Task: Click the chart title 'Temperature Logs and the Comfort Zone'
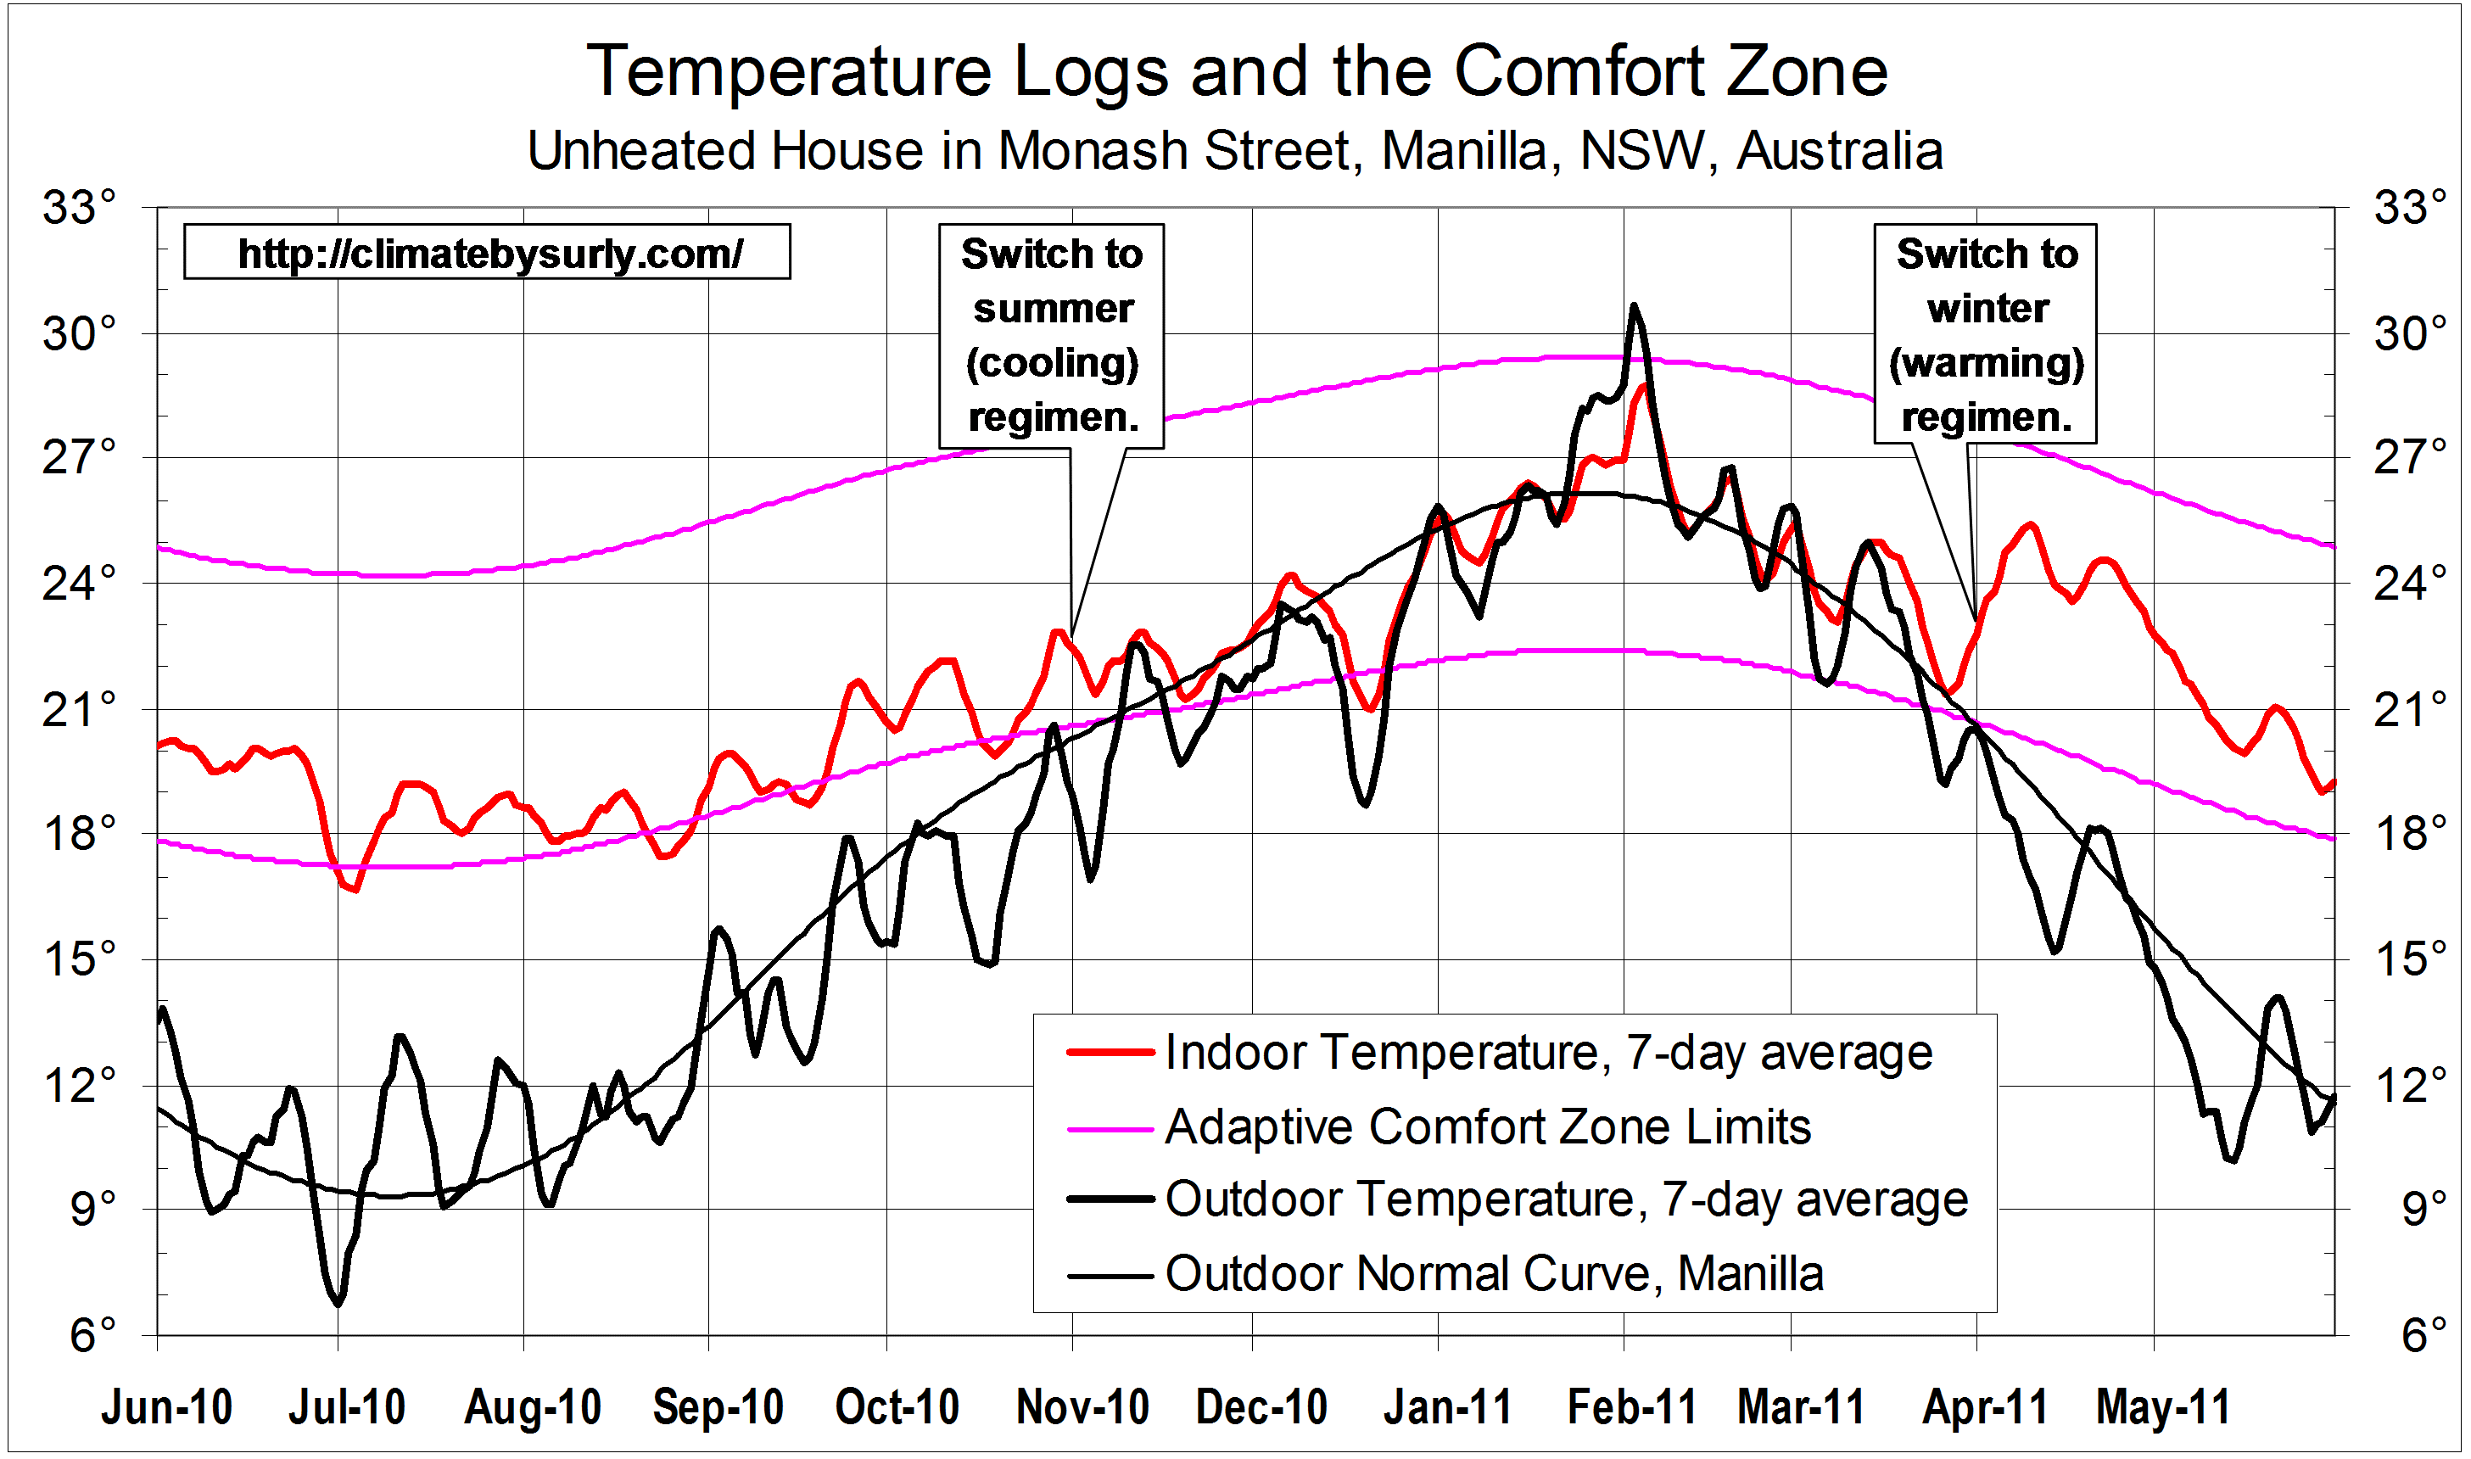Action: (x=1237, y=72)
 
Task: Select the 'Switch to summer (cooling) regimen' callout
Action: (x=1052, y=335)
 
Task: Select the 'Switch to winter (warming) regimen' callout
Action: (x=1986, y=335)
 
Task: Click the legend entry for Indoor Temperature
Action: (x=1548, y=1052)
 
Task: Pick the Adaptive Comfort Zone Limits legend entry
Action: (x=1487, y=1126)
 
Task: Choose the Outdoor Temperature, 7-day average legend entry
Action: (x=1566, y=1199)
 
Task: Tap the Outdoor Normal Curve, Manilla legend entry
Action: (x=1494, y=1274)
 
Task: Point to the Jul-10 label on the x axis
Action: (x=346, y=1408)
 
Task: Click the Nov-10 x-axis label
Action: (x=1082, y=1408)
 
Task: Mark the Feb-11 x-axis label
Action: (x=1631, y=1408)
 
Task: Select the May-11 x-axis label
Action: (x=2162, y=1408)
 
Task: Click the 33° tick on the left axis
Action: (x=79, y=209)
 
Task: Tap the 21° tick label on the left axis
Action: (x=79, y=710)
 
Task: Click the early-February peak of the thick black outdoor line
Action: (x=1634, y=307)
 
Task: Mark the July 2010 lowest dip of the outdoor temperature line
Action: (x=338, y=1304)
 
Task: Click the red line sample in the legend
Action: (x=1110, y=1052)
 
